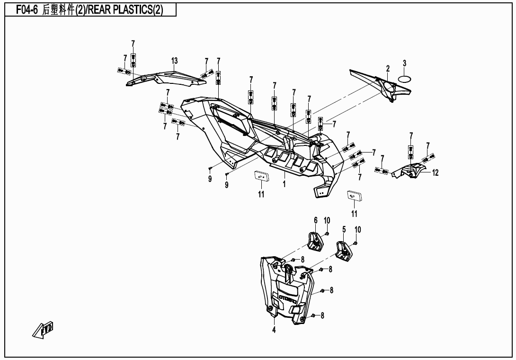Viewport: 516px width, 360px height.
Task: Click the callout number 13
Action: (175, 61)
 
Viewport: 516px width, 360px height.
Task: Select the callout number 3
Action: (404, 63)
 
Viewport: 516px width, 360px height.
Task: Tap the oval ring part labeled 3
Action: (404, 79)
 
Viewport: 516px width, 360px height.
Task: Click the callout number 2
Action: (387, 69)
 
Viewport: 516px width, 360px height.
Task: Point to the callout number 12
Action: (435, 173)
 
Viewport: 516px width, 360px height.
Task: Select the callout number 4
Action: (274, 330)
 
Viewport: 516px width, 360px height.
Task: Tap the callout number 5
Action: (344, 230)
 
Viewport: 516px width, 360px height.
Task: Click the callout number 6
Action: (315, 220)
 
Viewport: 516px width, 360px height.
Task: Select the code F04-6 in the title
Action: (27, 10)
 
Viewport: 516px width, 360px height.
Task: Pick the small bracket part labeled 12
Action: (410, 171)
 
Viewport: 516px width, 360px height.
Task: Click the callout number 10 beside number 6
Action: (327, 220)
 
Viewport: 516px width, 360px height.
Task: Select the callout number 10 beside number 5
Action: (358, 230)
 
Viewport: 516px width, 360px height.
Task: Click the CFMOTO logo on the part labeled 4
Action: (287, 299)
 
